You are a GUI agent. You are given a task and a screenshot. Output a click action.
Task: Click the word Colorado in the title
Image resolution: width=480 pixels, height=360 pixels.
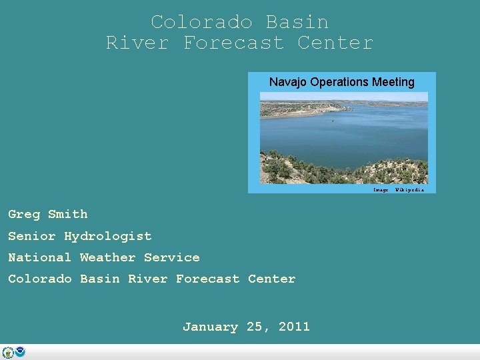coord(201,22)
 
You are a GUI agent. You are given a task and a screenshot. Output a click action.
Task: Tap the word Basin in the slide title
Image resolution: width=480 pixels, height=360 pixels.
coord(297,22)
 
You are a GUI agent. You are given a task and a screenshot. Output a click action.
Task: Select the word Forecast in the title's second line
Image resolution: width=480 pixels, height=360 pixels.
coord(233,43)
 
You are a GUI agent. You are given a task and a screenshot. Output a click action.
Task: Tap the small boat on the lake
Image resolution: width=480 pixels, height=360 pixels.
coord(333,121)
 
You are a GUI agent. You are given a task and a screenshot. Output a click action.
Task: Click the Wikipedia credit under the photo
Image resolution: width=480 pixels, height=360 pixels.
coord(409,190)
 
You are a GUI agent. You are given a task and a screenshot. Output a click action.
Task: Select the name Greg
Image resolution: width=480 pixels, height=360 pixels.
coord(24,215)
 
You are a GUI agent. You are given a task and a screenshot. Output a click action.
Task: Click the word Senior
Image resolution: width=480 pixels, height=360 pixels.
coord(32,236)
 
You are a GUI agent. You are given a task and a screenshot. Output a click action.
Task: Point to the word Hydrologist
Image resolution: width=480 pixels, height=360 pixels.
coord(107,237)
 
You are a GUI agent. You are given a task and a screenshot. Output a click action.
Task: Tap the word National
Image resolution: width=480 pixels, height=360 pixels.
coord(39,257)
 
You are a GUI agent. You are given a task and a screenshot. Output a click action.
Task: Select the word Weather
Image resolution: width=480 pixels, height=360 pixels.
coord(107,257)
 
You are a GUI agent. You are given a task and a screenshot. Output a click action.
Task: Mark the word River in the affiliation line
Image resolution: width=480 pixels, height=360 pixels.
coord(147,279)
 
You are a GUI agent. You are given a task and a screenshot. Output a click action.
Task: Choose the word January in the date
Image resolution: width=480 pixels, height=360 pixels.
coord(211,327)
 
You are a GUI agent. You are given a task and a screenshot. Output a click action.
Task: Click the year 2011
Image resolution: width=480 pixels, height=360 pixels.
coord(294,327)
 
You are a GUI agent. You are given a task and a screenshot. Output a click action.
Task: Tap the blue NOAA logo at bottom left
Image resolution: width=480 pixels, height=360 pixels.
coord(20,352)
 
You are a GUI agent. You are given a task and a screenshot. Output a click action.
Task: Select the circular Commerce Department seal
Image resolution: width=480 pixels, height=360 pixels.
coord(8,352)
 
